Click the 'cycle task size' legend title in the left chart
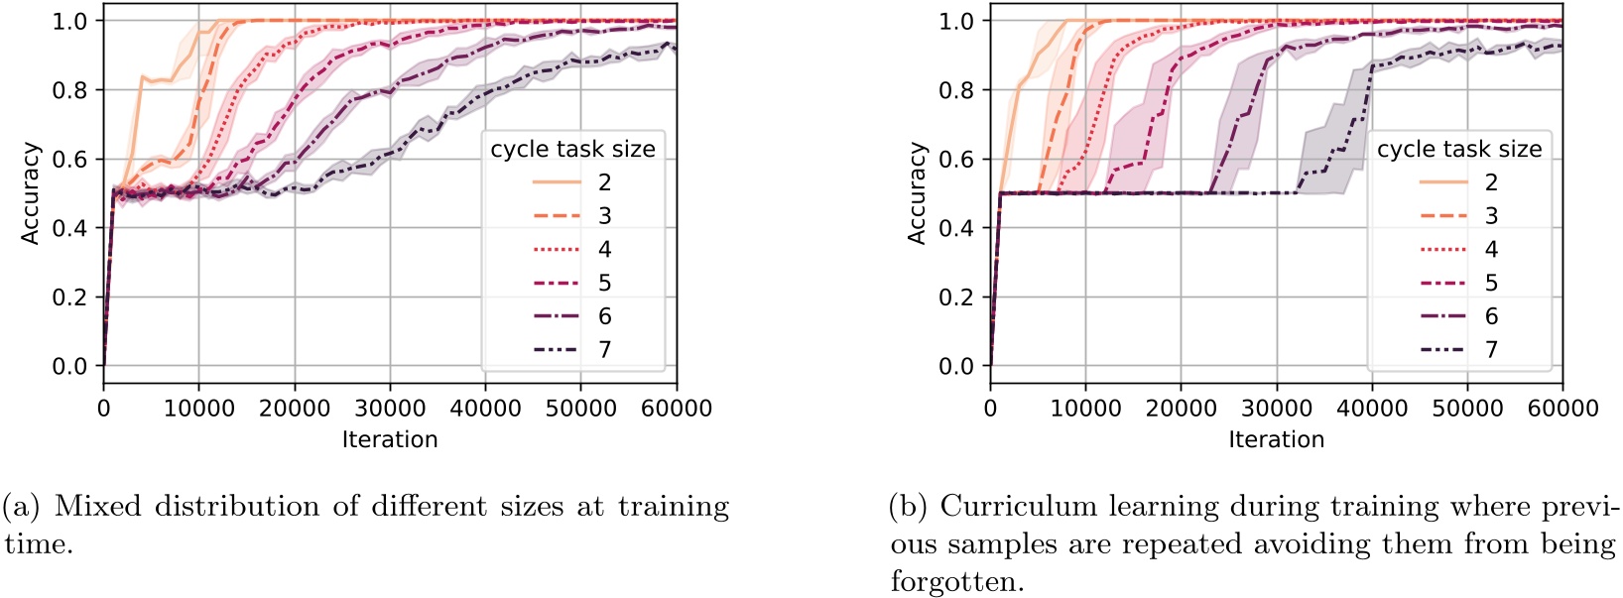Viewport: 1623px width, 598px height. [572, 150]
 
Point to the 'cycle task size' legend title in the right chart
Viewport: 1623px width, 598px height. [1459, 150]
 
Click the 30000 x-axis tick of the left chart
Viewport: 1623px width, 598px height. [390, 408]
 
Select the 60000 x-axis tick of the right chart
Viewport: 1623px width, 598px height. [1562, 408]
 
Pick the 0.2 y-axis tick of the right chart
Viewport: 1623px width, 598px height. [955, 298]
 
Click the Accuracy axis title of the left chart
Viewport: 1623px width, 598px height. [31, 193]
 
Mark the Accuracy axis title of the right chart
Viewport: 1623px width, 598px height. [918, 193]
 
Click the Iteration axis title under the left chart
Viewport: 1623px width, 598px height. [390, 439]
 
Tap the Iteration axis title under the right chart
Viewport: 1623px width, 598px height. [1277, 439]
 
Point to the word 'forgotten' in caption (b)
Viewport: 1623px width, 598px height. [956, 582]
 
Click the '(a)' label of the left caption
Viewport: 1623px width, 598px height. [20, 507]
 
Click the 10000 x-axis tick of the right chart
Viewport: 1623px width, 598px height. [1085, 408]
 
